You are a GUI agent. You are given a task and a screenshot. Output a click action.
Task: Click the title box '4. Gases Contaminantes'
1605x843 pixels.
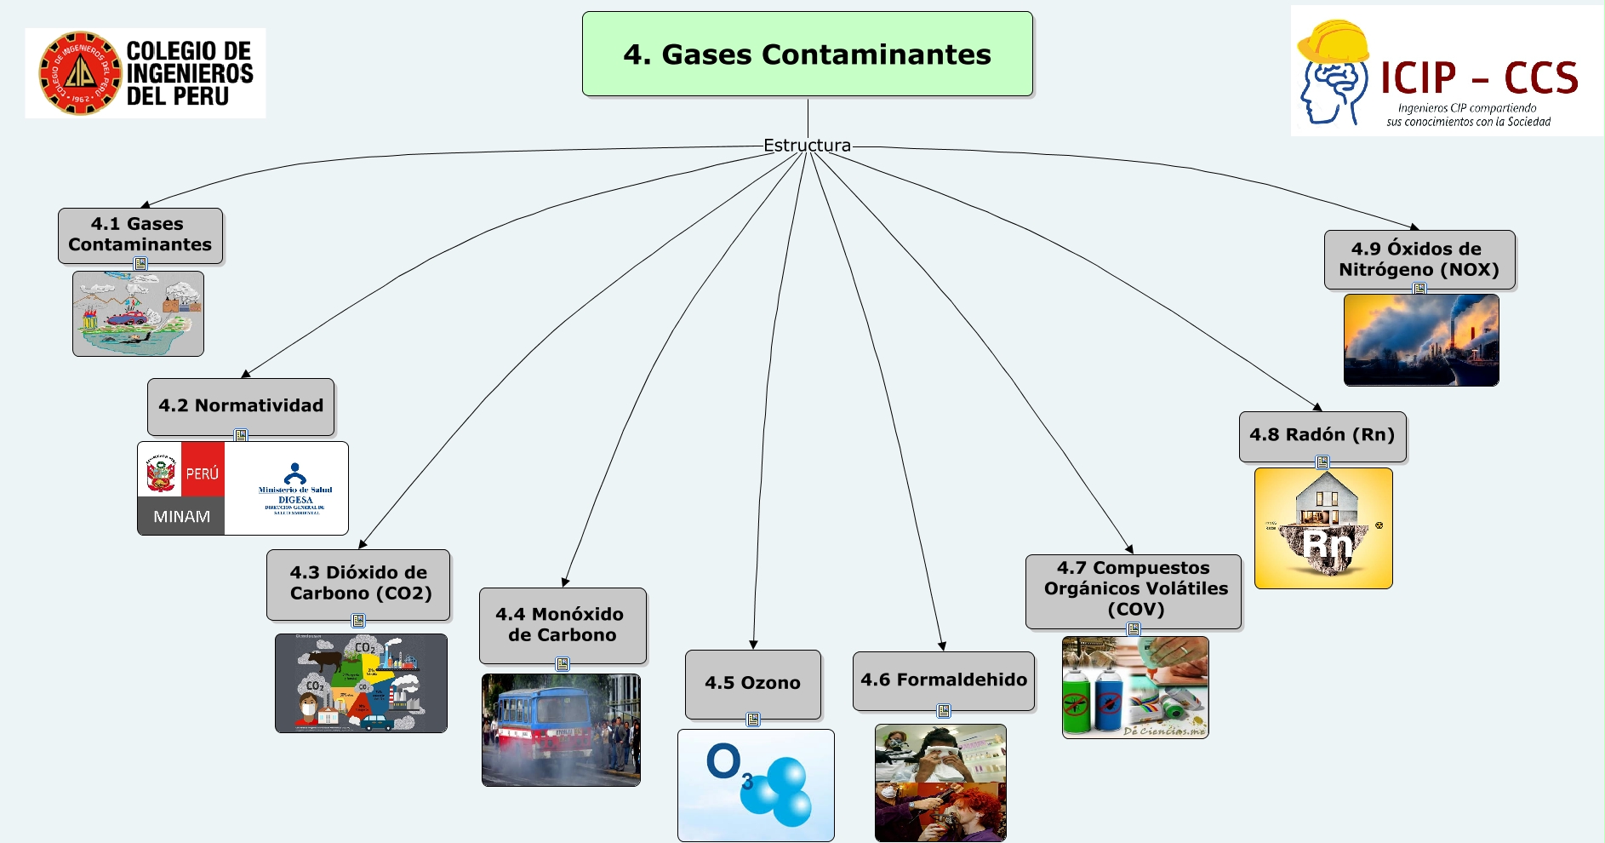click(x=807, y=54)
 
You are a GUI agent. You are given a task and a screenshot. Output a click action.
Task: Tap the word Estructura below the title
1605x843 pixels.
click(x=807, y=146)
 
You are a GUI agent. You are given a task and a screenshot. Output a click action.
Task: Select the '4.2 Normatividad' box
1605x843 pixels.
click(x=241, y=406)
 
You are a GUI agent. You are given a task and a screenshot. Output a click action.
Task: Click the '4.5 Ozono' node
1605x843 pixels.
click(x=752, y=683)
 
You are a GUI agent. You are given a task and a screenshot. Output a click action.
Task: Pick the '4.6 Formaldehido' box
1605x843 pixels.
click(x=944, y=680)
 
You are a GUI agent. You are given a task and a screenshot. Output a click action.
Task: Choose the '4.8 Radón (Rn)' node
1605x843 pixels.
click(x=1322, y=435)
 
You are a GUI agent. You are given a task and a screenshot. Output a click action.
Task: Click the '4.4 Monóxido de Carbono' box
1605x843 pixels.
click(x=562, y=625)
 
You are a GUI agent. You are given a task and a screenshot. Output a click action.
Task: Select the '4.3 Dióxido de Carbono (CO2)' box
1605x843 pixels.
click(x=358, y=583)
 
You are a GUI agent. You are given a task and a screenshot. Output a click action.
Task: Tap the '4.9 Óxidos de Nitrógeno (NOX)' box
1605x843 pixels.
click(x=1419, y=259)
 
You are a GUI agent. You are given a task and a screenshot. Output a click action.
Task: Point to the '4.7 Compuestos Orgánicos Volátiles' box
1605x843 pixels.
click(x=1134, y=589)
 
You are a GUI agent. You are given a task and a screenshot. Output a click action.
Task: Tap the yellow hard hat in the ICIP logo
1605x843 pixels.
click(x=1332, y=43)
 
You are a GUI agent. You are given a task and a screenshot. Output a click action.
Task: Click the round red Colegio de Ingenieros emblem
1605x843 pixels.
click(x=79, y=73)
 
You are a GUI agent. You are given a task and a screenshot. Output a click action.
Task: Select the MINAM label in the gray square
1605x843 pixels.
click(x=181, y=516)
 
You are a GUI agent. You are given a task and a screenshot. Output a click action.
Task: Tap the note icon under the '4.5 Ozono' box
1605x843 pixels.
click(x=753, y=720)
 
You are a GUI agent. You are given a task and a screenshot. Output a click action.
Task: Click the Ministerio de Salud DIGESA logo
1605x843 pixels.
click(x=294, y=490)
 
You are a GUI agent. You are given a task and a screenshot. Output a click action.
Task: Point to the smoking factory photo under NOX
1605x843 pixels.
click(x=1421, y=340)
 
